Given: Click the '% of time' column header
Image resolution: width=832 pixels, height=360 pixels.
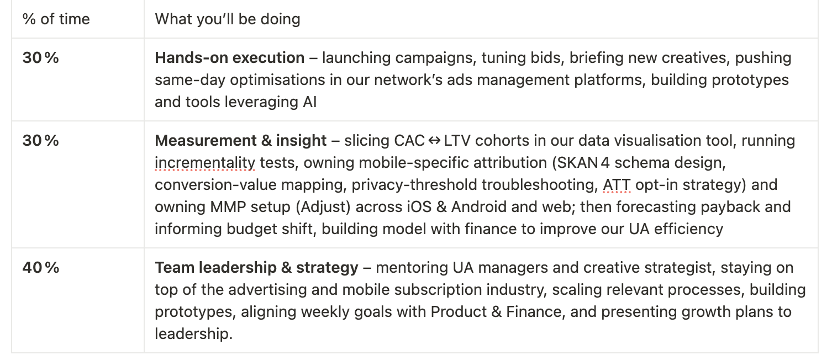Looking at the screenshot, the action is click(56, 19).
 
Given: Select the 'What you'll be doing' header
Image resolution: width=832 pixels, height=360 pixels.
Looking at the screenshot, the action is click(227, 19).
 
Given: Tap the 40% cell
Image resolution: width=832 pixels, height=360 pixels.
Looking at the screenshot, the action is click(41, 268).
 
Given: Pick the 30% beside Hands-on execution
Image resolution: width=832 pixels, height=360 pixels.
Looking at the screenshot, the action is click(40, 58).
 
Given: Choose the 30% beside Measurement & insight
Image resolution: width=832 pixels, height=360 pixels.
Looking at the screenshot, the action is click(40, 141).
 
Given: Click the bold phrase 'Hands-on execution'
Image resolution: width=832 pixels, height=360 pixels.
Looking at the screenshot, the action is click(229, 58).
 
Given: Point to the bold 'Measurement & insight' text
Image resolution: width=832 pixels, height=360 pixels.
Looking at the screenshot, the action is click(241, 141).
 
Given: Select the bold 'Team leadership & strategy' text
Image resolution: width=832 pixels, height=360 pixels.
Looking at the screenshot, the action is click(257, 268).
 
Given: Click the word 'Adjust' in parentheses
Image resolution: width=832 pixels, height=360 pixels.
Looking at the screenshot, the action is click(323, 207).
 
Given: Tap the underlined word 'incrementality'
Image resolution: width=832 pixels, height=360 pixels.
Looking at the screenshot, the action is click(205, 163).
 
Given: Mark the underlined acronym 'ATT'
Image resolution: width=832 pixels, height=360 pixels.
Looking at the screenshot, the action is click(617, 185).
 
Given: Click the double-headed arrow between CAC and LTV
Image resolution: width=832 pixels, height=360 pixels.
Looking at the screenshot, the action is click(434, 141).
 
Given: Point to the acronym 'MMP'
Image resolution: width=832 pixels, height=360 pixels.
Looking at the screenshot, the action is click(228, 207).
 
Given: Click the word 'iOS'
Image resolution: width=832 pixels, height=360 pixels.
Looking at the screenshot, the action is click(419, 207).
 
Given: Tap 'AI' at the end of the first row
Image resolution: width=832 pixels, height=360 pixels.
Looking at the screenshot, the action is click(310, 102).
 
